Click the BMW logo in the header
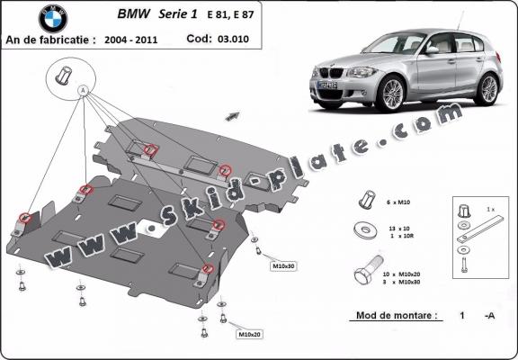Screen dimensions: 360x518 52,18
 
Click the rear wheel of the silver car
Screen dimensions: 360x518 488,87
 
